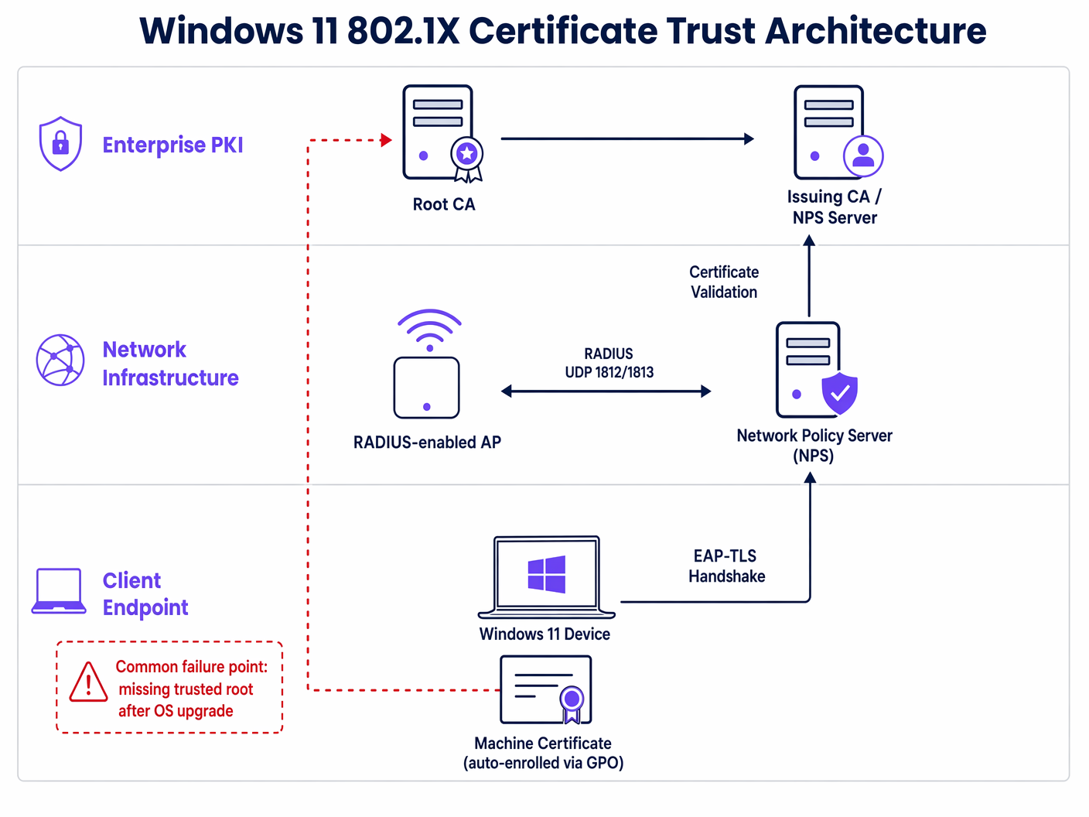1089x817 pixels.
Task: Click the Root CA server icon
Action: click(x=439, y=133)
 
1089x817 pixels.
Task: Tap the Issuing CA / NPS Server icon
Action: click(x=831, y=133)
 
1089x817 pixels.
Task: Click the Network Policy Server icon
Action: click(x=811, y=370)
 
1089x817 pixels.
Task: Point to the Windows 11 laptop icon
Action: click(x=546, y=577)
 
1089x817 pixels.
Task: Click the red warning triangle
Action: click(x=89, y=683)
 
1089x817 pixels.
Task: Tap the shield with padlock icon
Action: click(x=60, y=144)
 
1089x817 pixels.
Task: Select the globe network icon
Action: click(x=60, y=361)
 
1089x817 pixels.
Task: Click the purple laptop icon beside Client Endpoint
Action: click(x=59, y=592)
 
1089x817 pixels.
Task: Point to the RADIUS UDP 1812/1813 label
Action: click(x=609, y=363)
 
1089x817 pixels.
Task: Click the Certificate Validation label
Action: click(x=724, y=282)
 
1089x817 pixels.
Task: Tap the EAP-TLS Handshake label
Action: click(x=726, y=566)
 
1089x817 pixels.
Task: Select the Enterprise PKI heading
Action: click(x=172, y=145)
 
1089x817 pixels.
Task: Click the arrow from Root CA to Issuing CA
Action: click(x=626, y=139)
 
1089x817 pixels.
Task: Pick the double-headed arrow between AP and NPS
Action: click(x=606, y=391)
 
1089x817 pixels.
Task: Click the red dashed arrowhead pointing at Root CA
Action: click(x=387, y=140)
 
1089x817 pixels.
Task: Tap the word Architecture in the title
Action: click(x=876, y=31)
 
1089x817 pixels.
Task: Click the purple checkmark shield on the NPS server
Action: click(x=839, y=393)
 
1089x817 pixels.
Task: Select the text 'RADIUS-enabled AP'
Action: click(x=427, y=442)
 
